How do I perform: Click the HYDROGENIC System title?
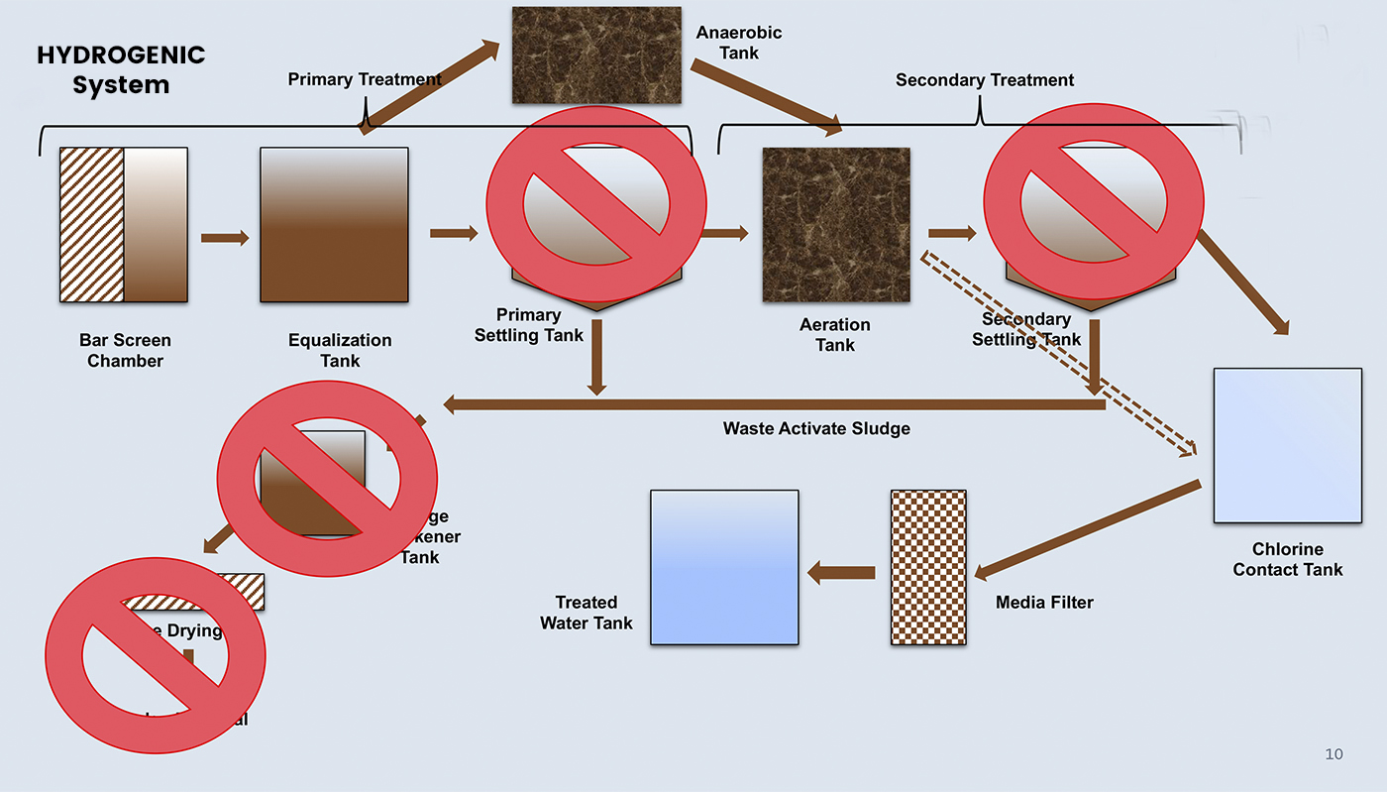[x=120, y=69]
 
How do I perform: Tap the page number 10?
[x=1334, y=754]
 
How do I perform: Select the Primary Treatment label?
[x=365, y=79]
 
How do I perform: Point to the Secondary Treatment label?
[x=984, y=80]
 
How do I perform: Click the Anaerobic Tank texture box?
[x=595, y=56]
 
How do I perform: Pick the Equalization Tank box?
[x=334, y=225]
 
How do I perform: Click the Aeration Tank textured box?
[x=835, y=225]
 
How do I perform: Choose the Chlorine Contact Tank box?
[x=1287, y=445]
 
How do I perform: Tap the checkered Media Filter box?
[x=928, y=567]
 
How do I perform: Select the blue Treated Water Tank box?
[x=724, y=567]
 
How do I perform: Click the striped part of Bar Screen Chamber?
[x=92, y=225]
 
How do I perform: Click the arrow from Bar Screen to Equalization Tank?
[x=225, y=238]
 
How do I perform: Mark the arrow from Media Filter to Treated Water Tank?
[x=841, y=572]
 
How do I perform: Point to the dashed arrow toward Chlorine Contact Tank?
[x=1060, y=356]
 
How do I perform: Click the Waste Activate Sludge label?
[x=816, y=428]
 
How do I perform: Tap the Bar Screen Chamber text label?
[x=125, y=351]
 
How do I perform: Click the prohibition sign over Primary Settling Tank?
[x=595, y=203]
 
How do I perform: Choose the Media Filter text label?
[x=1044, y=602]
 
